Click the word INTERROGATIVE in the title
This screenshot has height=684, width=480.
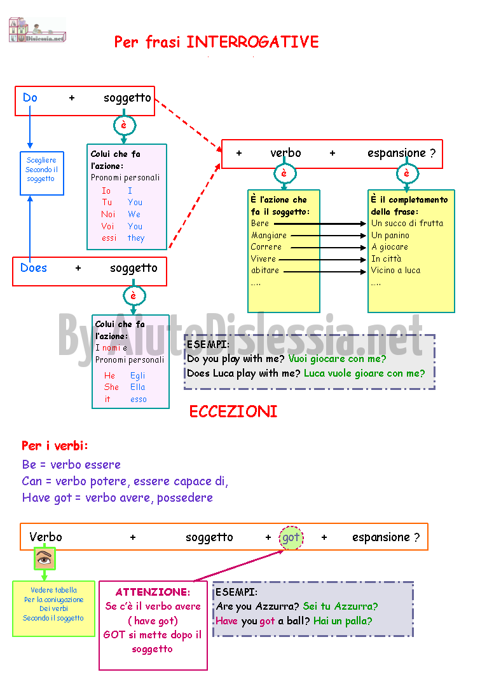click(252, 42)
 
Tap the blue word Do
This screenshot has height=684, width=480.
click(30, 98)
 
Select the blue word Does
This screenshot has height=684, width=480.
click(34, 268)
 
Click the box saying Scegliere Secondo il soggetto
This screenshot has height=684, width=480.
click(42, 173)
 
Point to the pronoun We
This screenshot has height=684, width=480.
click(134, 214)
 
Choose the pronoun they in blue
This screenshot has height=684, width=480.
click(136, 238)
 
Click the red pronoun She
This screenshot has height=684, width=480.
click(111, 387)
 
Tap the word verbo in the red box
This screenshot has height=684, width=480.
click(285, 152)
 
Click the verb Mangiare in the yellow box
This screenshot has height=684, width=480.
click(269, 236)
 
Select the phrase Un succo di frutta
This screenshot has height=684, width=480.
click(407, 224)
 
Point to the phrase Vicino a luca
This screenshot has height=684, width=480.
click(395, 271)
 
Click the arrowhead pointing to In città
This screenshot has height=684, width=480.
click(364, 260)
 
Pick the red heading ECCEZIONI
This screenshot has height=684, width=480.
click(233, 412)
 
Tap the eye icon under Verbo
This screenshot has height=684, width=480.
click(45, 558)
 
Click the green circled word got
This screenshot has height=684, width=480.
click(291, 537)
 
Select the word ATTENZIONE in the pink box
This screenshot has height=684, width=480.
click(153, 592)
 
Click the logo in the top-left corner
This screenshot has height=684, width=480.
click(37, 30)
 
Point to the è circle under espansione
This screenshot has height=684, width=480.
click(407, 173)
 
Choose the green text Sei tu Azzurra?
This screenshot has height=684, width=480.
click(340, 607)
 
